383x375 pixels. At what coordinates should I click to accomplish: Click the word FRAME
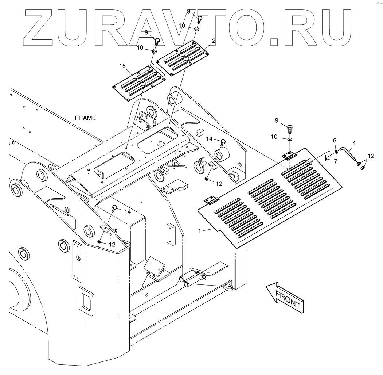click(x=85, y=118)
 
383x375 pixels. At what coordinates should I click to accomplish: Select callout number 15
click(x=122, y=66)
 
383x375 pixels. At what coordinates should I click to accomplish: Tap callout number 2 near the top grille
click(x=213, y=41)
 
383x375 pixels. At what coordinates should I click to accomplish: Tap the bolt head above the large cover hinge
click(x=290, y=128)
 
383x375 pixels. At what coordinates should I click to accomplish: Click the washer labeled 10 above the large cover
click(x=289, y=139)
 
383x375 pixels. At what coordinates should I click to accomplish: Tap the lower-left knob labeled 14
click(x=115, y=208)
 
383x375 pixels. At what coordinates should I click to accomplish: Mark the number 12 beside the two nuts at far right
click(x=371, y=156)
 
